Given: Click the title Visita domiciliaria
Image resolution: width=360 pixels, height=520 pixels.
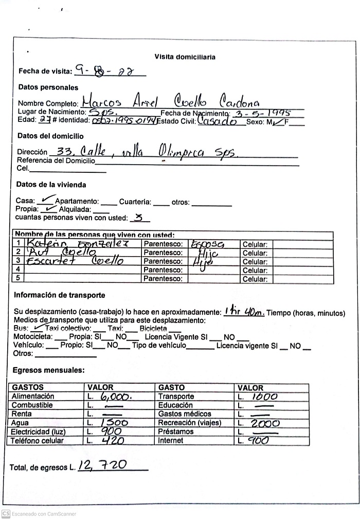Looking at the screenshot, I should click(185, 57).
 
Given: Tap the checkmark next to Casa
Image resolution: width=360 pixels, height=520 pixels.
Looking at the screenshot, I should click(46, 200).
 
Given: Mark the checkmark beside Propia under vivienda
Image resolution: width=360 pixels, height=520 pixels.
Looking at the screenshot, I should click(49, 209).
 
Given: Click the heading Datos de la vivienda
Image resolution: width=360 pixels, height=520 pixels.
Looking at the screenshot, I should click(51, 185).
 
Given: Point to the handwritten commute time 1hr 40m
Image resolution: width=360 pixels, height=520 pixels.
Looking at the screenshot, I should click(244, 312).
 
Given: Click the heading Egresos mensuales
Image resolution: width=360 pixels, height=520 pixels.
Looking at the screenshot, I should click(49, 370).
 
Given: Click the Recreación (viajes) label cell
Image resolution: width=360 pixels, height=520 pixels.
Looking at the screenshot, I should click(189, 423).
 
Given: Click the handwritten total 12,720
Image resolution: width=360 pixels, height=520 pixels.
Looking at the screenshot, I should click(103, 465).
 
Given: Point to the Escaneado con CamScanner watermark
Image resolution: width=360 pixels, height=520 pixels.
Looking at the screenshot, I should click(39, 513).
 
